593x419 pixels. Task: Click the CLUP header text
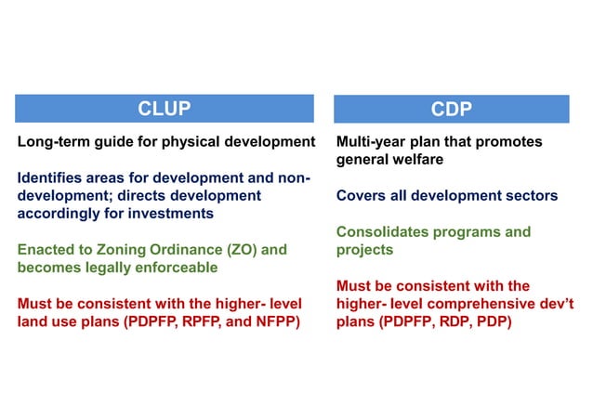pyautogui.click(x=165, y=109)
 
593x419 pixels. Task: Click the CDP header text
pyautogui.click(x=452, y=109)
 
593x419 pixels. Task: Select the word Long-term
pyautogui.click(x=52, y=142)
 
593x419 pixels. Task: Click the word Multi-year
pyautogui.click(x=372, y=142)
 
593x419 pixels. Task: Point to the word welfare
pyautogui.click(x=416, y=160)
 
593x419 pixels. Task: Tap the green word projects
pyautogui.click(x=364, y=249)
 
